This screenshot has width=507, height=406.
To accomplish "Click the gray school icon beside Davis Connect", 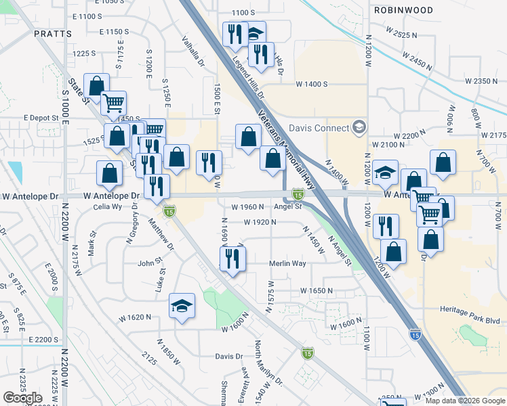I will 359,127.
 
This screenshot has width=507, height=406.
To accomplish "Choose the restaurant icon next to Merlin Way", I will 232,258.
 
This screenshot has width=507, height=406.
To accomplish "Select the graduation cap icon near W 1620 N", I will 182,307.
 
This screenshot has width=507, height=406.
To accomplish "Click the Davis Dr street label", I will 228,356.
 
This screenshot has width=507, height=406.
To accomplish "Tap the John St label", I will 150,263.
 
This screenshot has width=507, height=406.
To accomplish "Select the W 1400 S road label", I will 311,84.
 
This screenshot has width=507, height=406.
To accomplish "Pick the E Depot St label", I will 41,117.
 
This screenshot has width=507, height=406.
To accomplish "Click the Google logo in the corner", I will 22,398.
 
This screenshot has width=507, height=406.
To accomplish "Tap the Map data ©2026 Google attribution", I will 464,401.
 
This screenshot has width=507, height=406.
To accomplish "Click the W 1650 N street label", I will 317,290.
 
